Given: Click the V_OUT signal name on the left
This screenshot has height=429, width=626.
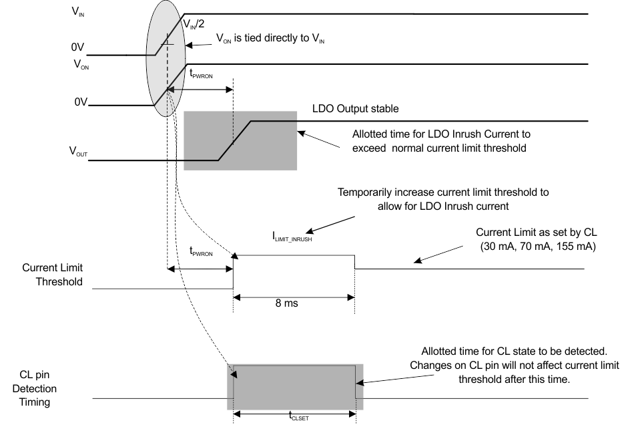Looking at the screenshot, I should pos(78,153).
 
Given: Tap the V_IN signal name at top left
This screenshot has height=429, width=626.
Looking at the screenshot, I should pos(77,13).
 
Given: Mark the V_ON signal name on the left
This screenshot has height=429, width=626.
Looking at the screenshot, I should pos(79,65).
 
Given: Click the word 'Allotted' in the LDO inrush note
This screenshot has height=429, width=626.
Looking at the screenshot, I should pos(372,133).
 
